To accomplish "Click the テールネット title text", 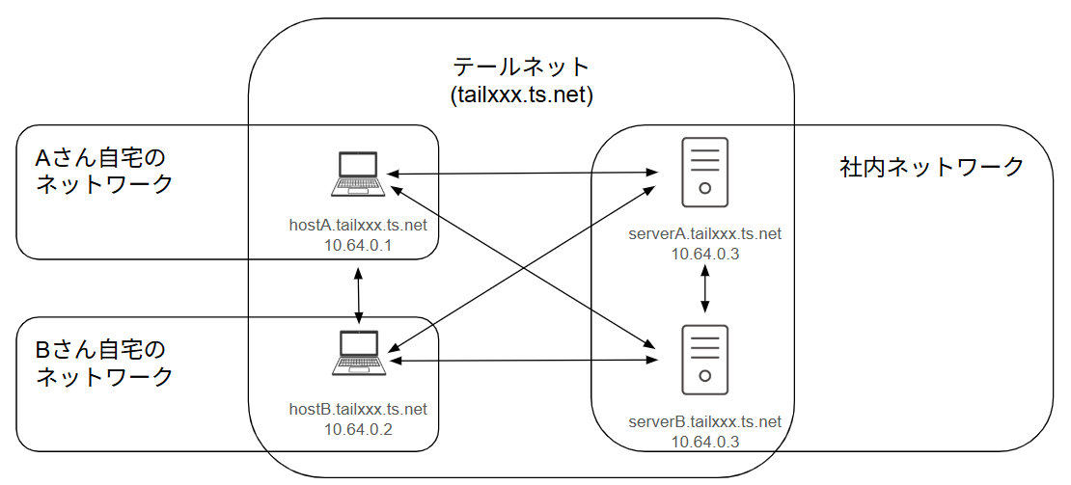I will [x=521, y=67].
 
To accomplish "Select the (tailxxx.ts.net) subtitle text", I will [x=521, y=95].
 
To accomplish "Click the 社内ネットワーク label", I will [x=931, y=168].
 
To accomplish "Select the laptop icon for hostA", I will [x=359, y=174].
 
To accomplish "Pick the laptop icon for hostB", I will [x=359, y=353].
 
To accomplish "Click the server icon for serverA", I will [x=705, y=172].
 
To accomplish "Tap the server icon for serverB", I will [x=705, y=359].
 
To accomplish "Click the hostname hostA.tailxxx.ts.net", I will [x=358, y=226].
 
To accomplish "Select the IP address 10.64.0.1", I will [x=358, y=246].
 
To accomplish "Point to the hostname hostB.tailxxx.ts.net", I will [x=358, y=409].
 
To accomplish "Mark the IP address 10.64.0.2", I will [x=358, y=429].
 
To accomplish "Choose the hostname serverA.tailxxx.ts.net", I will [x=705, y=233].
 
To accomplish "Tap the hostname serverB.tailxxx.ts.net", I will [x=705, y=421].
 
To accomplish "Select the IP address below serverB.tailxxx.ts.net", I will [x=705, y=442].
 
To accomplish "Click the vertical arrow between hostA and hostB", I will [x=359, y=297].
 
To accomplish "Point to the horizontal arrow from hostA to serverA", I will [x=521, y=174].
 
